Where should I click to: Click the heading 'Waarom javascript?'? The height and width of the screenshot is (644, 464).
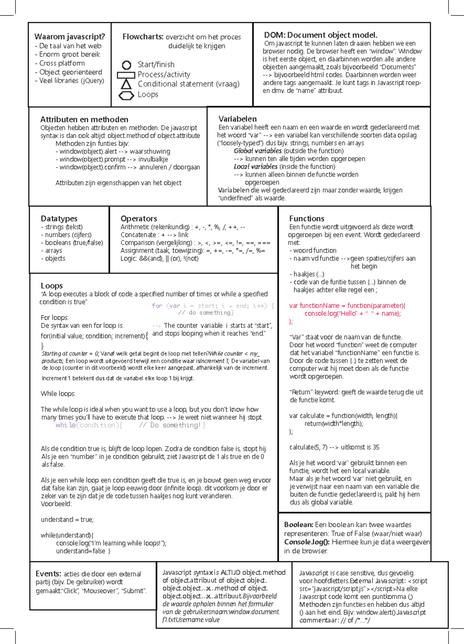tap(70, 37)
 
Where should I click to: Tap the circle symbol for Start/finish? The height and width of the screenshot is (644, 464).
tap(126, 65)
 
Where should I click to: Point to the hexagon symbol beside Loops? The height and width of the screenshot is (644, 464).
tap(126, 95)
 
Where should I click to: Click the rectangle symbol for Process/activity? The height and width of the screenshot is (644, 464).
tap(126, 75)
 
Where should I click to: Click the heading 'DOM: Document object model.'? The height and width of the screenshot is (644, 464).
tap(321, 35)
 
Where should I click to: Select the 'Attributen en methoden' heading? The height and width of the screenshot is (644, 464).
tap(84, 120)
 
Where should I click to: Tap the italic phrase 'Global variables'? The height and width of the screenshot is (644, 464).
tap(258, 151)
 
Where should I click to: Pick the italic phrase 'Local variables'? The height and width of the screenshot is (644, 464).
tap(255, 167)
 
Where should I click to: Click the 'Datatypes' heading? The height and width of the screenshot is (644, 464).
tap(59, 219)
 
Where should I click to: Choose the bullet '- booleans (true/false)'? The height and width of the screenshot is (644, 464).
tap(72, 243)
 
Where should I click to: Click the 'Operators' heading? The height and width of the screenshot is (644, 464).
tap(139, 219)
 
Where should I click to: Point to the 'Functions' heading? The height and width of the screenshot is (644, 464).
tap(307, 219)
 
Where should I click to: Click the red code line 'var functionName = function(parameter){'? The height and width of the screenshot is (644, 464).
tap(347, 306)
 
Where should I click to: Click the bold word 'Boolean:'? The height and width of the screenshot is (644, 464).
tap(299, 525)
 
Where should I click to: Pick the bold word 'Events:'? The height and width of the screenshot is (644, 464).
tap(48, 574)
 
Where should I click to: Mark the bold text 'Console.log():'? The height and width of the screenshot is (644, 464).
tap(307, 542)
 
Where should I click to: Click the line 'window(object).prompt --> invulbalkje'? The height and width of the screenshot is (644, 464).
tap(112, 159)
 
